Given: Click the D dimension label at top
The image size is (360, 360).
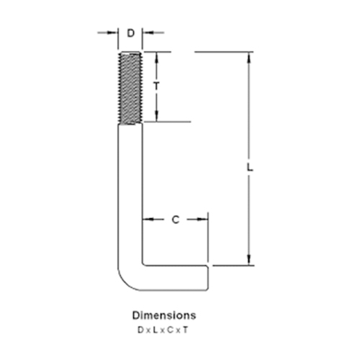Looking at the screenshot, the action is [x=130, y=33].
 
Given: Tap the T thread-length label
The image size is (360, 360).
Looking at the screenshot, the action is [x=156, y=86].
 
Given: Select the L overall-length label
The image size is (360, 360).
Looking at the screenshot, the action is [x=250, y=167].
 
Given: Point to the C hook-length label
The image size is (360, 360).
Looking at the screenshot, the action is [x=176, y=220].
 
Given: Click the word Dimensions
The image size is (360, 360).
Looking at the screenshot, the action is [x=164, y=315].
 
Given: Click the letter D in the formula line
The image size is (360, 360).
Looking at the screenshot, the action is [x=140, y=330].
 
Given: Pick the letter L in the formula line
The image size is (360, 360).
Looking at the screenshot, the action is [x=156, y=330].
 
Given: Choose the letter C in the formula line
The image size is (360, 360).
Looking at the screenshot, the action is [x=170, y=330].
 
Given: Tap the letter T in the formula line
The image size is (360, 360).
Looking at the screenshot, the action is [x=185, y=330].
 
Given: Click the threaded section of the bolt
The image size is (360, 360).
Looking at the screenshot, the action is [x=130, y=88].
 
